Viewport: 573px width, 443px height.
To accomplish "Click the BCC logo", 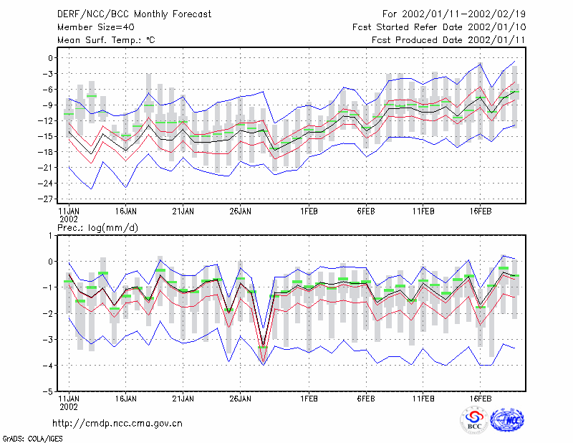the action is point(474,420).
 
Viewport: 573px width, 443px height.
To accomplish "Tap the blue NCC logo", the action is point(507,420).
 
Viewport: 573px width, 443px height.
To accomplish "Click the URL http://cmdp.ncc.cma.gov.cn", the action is point(117,423).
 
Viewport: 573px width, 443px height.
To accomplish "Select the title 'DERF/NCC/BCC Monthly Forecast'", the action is point(134,14).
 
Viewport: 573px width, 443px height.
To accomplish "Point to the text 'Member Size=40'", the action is point(96,27).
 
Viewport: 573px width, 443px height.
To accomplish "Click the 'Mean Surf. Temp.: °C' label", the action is point(106,40).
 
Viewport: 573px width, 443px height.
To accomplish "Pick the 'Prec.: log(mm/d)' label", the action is point(97,228).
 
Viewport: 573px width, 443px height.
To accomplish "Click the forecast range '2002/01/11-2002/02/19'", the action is point(463,14).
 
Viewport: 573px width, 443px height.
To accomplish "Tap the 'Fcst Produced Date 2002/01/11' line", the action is point(449,40).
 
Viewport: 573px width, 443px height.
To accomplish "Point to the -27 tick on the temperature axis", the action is point(46,199).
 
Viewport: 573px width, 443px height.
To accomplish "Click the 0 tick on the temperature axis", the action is point(50,58).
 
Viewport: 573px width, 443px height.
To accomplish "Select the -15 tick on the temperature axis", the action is point(46,136).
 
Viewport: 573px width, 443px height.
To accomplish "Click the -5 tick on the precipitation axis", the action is point(48,391).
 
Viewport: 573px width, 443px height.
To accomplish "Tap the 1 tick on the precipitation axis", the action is point(50,236).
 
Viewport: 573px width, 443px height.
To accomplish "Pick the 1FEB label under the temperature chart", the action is point(309,211).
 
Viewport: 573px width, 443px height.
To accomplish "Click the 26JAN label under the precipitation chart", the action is point(240,399).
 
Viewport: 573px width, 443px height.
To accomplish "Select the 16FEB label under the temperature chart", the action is point(480,211).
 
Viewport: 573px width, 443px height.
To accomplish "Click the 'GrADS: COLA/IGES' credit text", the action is point(33,439).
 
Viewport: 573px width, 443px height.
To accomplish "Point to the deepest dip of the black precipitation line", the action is point(263,345).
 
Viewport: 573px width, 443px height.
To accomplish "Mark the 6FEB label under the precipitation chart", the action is point(366,399).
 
